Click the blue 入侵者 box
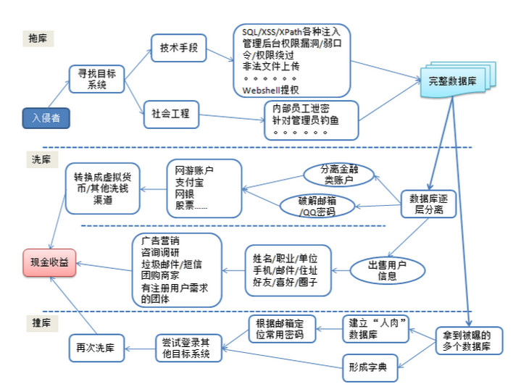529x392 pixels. (46, 118)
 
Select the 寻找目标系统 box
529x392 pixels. (97, 79)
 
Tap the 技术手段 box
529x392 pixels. (179, 48)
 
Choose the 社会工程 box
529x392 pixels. (172, 114)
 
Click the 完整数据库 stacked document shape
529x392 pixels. (458, 80)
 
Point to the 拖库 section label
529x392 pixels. (38, 38)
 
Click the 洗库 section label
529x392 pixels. (42, 159)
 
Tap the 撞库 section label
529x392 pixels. (42, 323)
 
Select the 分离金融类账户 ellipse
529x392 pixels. (338, 175)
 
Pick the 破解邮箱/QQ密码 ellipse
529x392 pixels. (317, 206)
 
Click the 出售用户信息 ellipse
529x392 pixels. (387, 270)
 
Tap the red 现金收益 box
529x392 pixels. (49, 263)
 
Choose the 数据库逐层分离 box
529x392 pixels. (428, 204)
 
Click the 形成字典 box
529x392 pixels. (370, 367)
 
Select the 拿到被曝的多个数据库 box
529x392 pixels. (469, 341)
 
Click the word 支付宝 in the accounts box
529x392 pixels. (189, 183)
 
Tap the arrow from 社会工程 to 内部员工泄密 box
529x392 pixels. (232, 117)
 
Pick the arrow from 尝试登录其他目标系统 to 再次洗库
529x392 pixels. (140, 349)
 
